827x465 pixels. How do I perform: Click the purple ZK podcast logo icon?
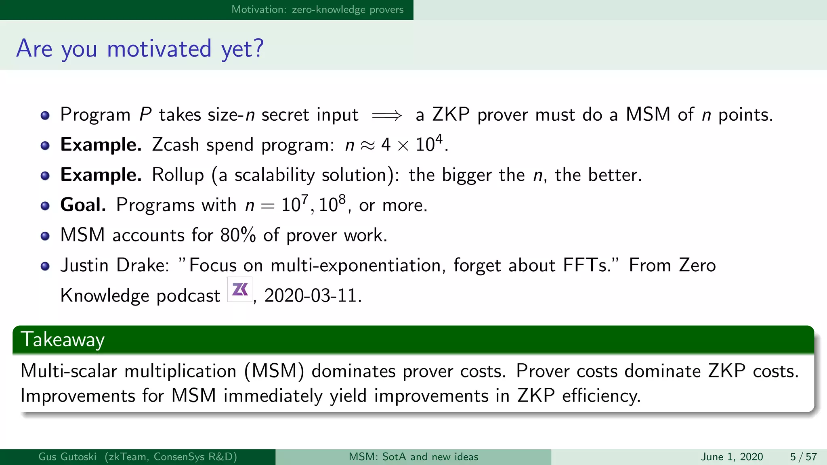pos(240,289)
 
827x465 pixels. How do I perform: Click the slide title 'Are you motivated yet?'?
pos(140,48)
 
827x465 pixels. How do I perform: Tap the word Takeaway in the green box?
pos(63,339)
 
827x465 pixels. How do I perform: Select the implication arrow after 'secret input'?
pos(387,116)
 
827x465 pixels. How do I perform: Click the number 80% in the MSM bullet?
pos(238,235)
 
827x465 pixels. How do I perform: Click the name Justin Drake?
pos(115,265)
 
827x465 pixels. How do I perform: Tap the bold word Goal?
pos(83,205)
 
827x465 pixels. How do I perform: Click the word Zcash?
pos(175,145)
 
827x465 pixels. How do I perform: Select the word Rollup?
pos(178,175)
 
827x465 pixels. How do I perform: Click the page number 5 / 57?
pos(803,457)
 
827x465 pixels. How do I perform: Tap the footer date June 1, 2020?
pos(732,457)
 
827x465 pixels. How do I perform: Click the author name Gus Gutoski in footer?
pos(67,457)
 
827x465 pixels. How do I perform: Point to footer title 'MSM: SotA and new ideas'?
pos(413,457)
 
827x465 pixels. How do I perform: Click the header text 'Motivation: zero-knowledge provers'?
pos(317,9)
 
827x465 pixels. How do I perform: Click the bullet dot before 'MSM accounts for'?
pos(45,236)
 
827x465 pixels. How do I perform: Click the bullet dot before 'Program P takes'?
pos(45,116)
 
